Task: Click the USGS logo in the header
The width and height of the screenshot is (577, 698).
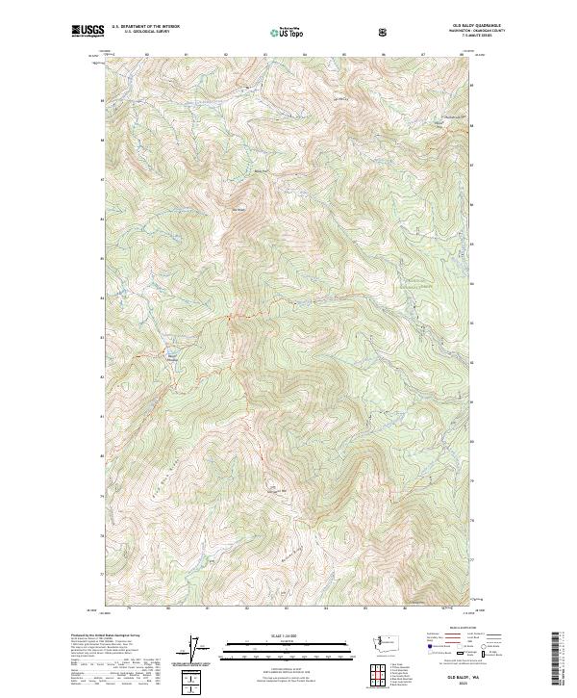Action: click(x=88, y=31)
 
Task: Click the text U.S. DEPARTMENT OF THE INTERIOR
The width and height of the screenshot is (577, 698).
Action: click(x=143, y=27)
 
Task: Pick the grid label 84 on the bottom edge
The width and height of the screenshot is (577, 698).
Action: click(x=325, y=608)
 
